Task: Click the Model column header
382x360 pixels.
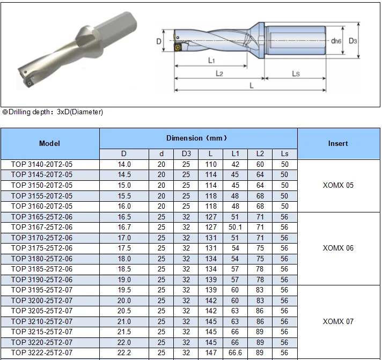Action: tap(50, 143)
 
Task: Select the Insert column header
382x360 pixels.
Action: tap(337, 143)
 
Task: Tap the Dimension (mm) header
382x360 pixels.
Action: tap(199, 138)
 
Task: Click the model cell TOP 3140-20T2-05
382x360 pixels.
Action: tap(42, 164)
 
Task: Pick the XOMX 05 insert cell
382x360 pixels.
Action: tap(337, 186)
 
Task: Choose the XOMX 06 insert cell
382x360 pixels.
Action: tap(337, 248)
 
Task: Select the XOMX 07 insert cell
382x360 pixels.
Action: tap(337, 322)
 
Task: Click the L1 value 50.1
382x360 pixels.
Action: tap(236, 227)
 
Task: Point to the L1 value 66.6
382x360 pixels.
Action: tap(236, 353)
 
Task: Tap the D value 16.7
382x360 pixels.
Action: tap(124, 227)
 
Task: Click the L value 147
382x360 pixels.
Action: tap(211, 353)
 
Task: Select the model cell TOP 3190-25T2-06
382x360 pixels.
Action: tap(42, 280)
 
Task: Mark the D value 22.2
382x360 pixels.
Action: tap(124, 353)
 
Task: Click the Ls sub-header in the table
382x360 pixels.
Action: tap(284, 154)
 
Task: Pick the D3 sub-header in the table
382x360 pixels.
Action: tap(186, 154)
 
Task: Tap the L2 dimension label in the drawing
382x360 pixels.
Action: tap(219, 73)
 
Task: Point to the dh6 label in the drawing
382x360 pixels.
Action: tap(336, 41)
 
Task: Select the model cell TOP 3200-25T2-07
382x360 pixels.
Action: tap(42, 301)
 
